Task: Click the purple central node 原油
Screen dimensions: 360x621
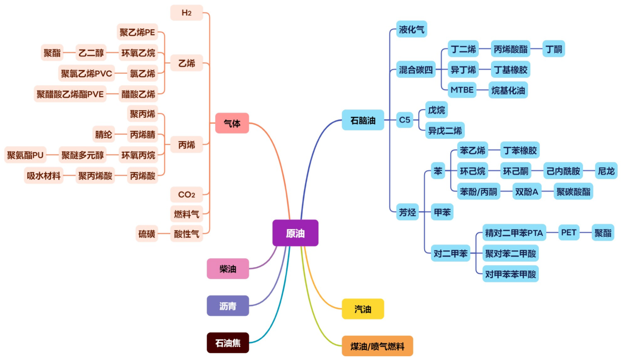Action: [295, 233]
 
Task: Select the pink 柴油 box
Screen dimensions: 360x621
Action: [228, 269]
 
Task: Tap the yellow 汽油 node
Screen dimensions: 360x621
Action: [362, 309]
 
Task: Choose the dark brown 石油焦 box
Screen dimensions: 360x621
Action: [228, 343]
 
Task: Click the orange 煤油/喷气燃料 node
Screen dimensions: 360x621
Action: [377, 346]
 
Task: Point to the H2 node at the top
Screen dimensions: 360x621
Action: [186, 13]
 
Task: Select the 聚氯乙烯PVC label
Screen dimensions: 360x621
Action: [86, 73]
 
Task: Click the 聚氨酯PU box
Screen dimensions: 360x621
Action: [25, 155]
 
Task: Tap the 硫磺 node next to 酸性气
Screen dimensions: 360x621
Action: [147, 234]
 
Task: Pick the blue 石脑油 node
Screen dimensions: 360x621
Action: [362, 120]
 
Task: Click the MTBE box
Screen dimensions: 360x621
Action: [461, 90]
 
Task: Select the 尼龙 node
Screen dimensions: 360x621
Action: [606, 171]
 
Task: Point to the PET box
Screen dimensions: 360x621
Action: [569, 232]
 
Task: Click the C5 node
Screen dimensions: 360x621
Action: [404, 119]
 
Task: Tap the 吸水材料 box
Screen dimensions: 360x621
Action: [43, 176]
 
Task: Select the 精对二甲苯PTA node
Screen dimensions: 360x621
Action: [514, 233]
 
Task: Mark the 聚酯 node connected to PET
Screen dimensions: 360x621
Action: [603, 232]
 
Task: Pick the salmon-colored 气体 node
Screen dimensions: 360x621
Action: [232, 123]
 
